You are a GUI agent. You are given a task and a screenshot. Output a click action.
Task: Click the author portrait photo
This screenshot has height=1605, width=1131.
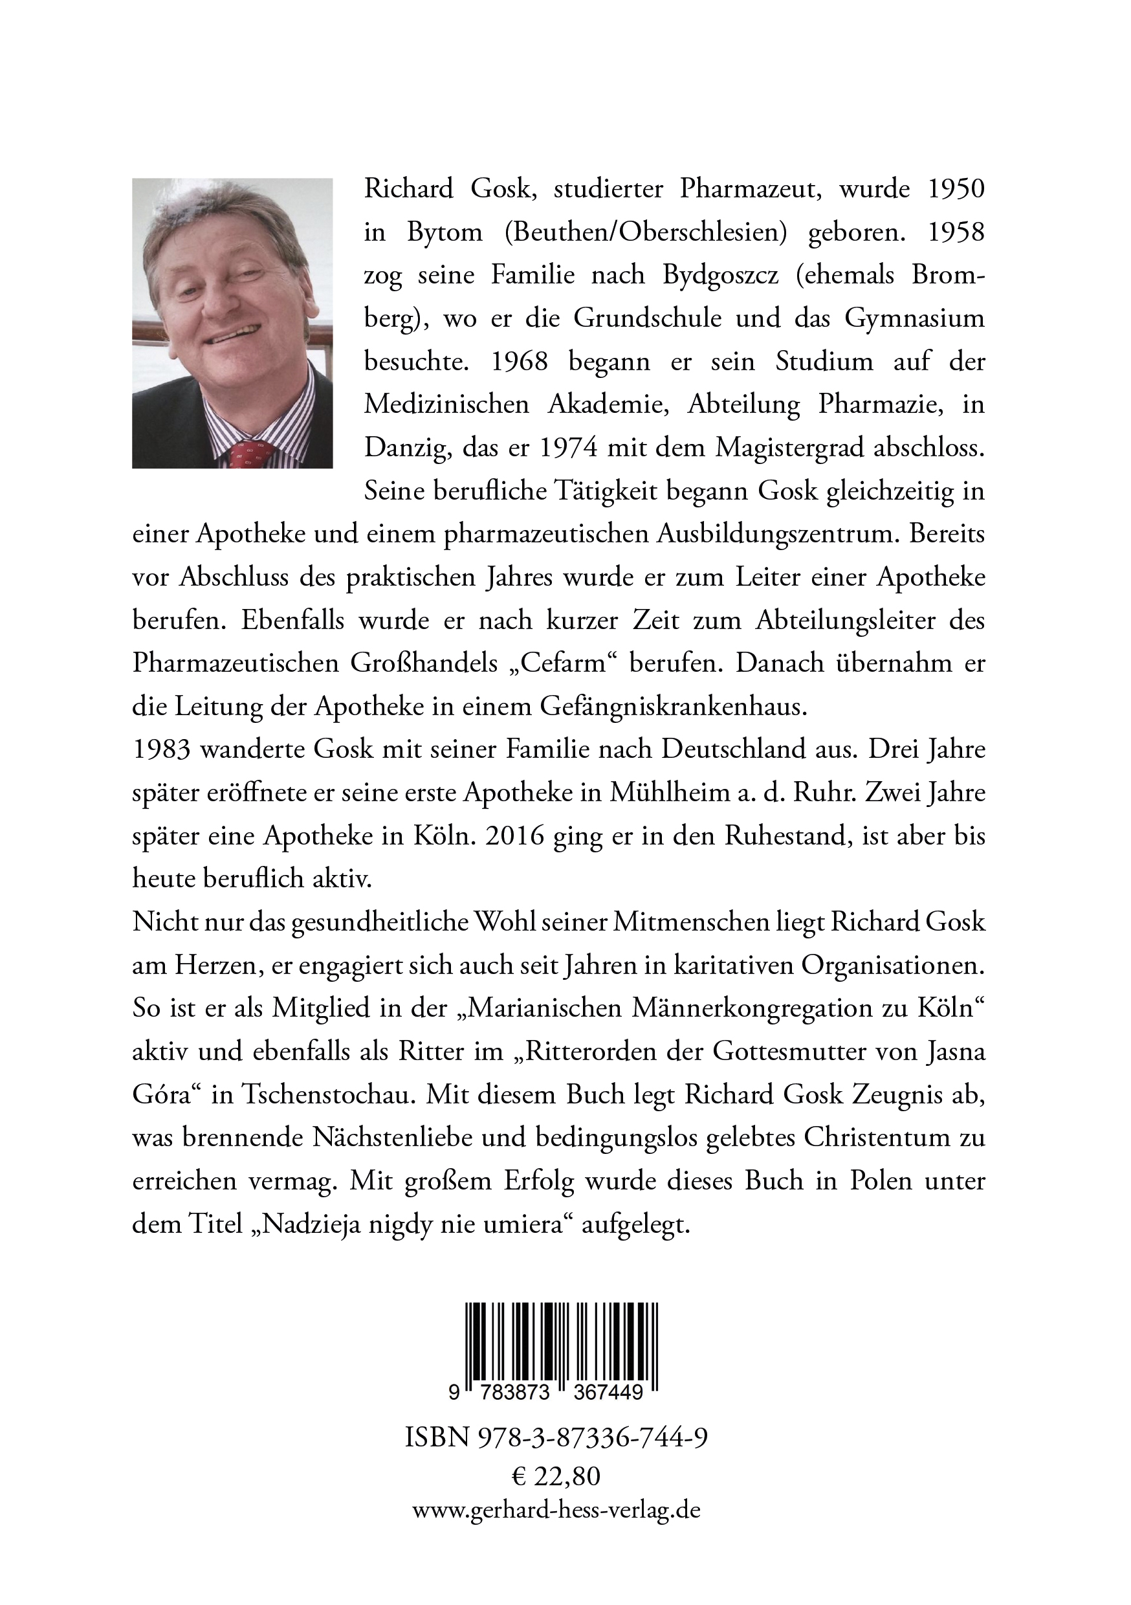point(232,322)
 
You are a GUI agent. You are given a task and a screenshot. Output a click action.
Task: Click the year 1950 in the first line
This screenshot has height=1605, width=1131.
point(956,190)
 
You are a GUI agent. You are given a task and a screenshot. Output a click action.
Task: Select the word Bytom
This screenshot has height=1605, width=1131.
point(445,233)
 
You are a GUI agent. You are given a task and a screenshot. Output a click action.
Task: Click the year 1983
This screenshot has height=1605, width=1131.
point(160,749)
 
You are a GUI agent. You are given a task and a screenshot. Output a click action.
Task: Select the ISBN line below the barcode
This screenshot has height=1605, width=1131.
point(556,1437)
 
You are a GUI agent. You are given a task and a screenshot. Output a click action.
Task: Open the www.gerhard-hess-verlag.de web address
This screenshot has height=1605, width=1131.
point(556,1510)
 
